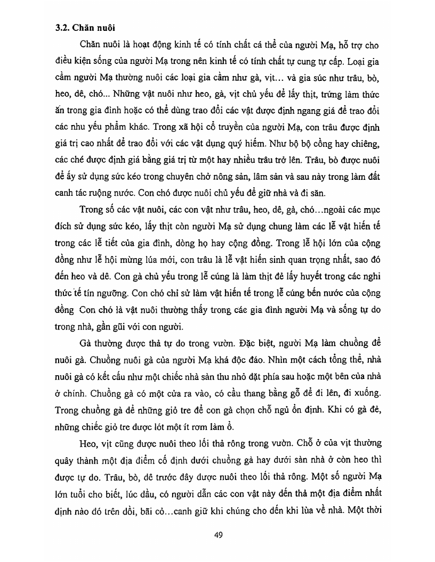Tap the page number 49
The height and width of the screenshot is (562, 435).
click(x=217, y=535)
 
